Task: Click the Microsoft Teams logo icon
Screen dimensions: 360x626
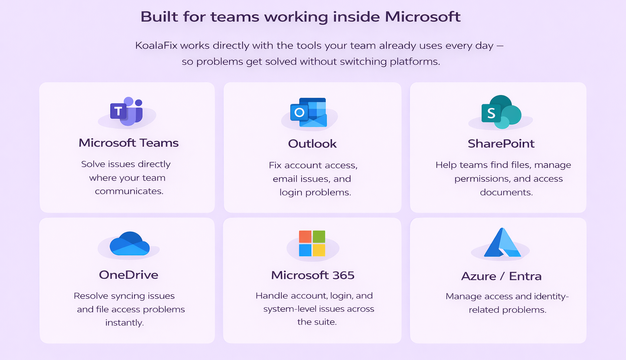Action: tap(127, 111)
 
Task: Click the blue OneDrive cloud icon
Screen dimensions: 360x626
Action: tap(130, 244)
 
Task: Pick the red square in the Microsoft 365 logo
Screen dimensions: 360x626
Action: tap(305, 237)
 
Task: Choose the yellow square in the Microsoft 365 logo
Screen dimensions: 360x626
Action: tap(319, 250)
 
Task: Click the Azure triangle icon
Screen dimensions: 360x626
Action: tap(502, 243)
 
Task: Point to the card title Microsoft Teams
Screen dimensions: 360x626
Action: tap(128, 143)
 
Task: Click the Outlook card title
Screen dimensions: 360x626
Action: tap(312, 144)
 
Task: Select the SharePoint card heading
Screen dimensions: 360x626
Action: tap(501, 144)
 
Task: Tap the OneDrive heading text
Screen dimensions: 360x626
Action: tap(128, 275)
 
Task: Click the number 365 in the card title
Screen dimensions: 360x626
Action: tap(343, 276)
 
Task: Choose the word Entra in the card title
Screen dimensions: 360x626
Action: tap(525, 276)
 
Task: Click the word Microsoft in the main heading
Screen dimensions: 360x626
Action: tap(422, 17)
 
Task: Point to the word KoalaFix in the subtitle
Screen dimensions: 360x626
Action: tap(156, 46)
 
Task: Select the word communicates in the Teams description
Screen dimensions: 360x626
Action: tap(129, 191)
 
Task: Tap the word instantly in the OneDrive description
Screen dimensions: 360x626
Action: tap(124, 323)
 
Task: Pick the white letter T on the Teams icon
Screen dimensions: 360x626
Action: tap(118, 111)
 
